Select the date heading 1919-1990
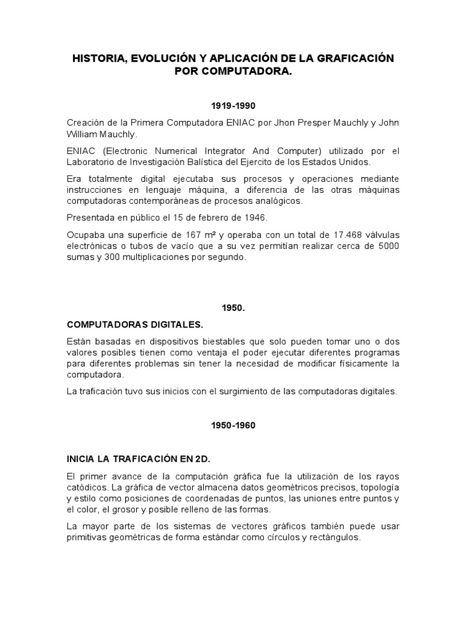[x=233, y=105]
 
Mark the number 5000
[x=388, y=246]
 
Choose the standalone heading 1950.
[x=233, y=308]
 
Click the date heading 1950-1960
[x=233, y=426]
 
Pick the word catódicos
[x=86, y=487]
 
